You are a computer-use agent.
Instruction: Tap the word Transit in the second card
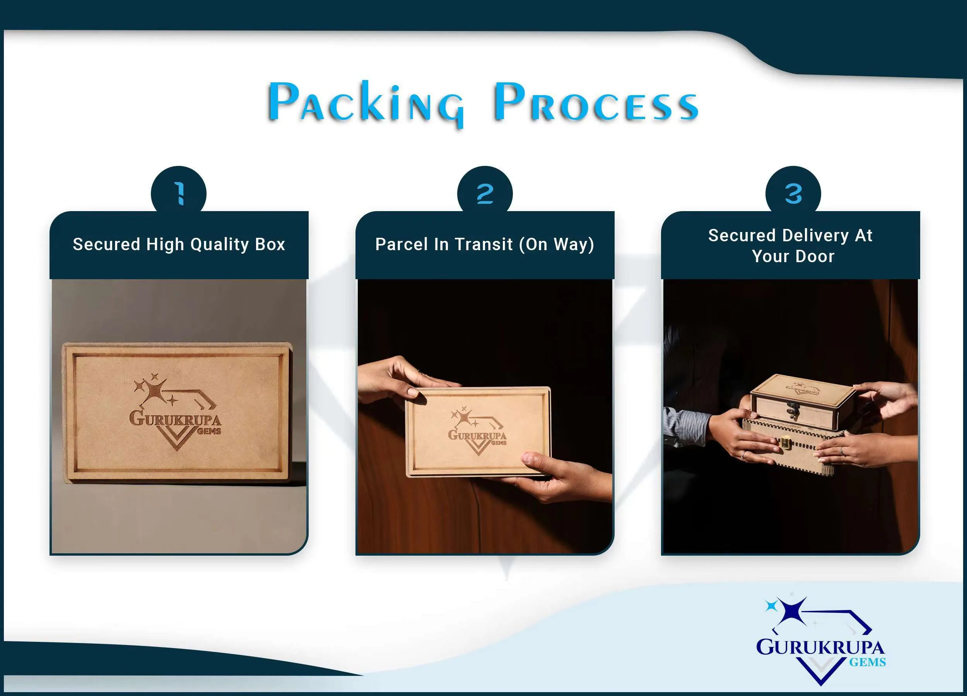483,244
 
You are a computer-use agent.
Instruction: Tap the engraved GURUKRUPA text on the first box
175,418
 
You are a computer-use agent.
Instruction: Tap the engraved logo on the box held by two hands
477,430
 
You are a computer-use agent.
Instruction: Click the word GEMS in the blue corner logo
867,662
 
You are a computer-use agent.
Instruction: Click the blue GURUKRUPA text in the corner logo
820,647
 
